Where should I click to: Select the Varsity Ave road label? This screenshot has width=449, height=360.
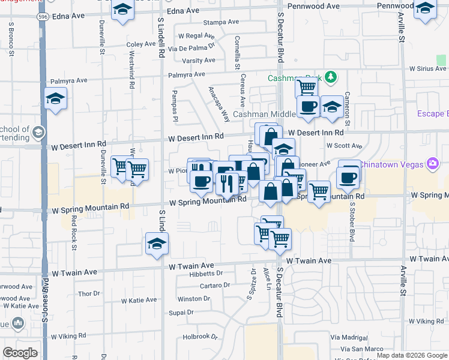pos(199,61)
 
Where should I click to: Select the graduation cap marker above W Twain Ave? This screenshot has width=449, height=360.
pos(157,243)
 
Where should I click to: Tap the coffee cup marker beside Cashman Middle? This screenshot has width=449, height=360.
pos(309,107)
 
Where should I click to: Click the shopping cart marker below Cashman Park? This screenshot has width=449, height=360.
pos(307,88)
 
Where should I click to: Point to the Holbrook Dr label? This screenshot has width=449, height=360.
pos(200,337)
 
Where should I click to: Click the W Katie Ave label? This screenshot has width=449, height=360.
pos(139,301)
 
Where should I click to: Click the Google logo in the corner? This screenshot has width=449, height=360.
pos(20,353)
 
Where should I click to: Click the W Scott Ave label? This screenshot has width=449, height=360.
pos(344,146)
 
